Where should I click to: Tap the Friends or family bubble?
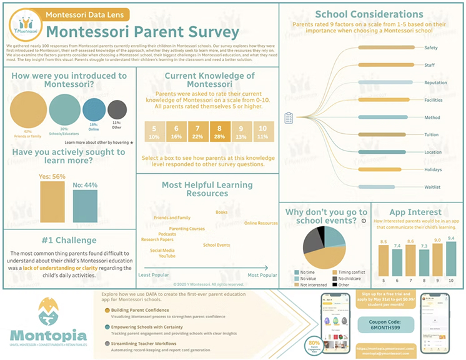28,109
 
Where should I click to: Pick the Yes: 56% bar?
52,202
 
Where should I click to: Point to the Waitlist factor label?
433,187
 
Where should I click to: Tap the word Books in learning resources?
221,212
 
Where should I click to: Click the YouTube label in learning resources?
167,256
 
